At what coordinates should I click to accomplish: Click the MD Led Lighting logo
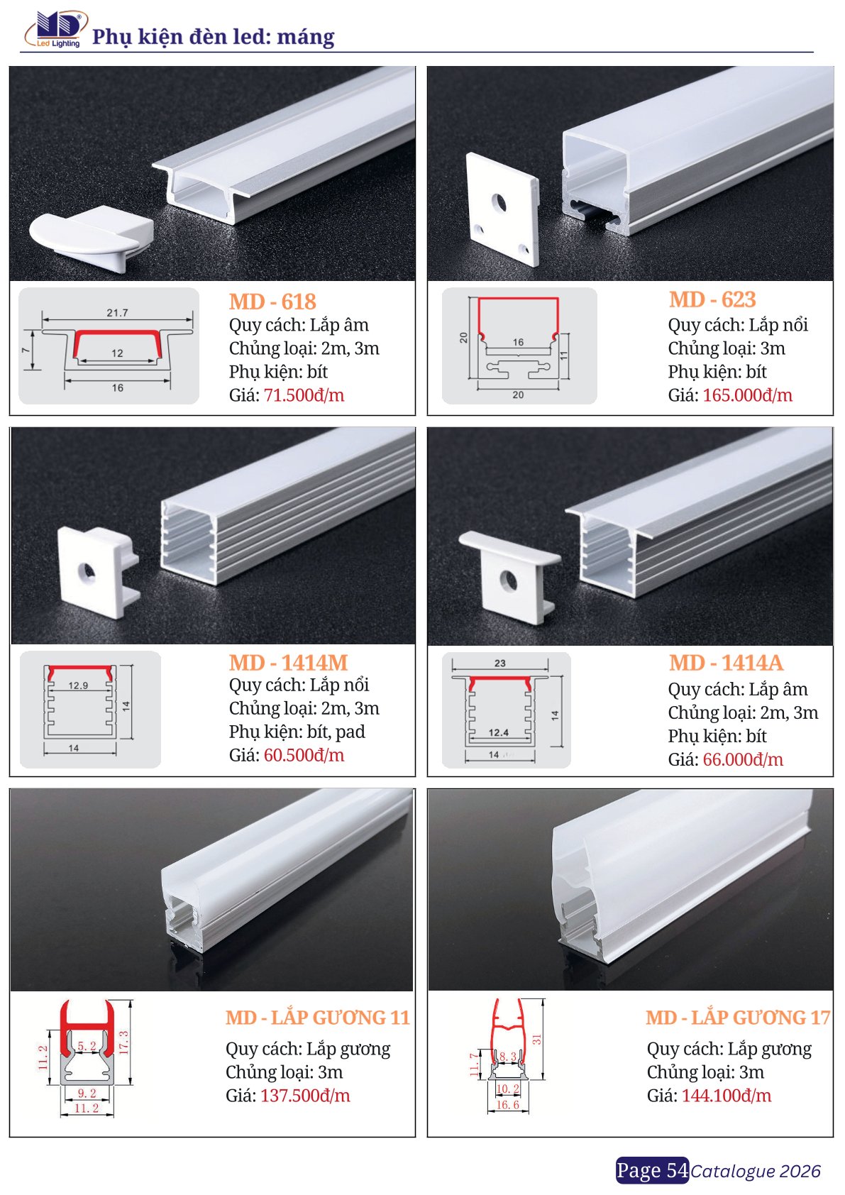click(x=55, y=29)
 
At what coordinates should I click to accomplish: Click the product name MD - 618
click(x=272, y=302)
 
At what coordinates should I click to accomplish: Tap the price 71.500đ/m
click(x=304, y=395)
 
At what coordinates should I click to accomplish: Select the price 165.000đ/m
click(x=747, y=395)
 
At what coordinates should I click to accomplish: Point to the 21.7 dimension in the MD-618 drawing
click(x=117, y=313)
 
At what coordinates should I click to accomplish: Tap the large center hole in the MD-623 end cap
click(x=499, y=202)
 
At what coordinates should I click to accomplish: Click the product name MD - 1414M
click(x=289, y=663)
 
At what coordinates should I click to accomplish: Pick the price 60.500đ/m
click(x=304, y=756)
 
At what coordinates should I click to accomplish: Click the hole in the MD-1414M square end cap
click(x=87, y=571)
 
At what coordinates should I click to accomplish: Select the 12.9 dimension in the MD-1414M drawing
click(x=79, y=685)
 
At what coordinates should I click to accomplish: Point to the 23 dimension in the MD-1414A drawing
click(x=500, y=663)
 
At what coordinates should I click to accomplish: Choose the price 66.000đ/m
click(x=743, y=760)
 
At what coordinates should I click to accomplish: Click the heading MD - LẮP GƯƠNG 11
click(x=318, y=1018)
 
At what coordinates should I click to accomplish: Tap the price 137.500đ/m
click(x=305, y=1096)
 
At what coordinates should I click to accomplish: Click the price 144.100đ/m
click(x=727, y=1096)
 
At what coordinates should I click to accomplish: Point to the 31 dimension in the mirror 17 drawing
click(x=536, y=1039)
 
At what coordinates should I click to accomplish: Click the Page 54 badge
click(x=653, y=1170)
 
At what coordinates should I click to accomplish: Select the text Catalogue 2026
click(x=756, y=1172)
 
